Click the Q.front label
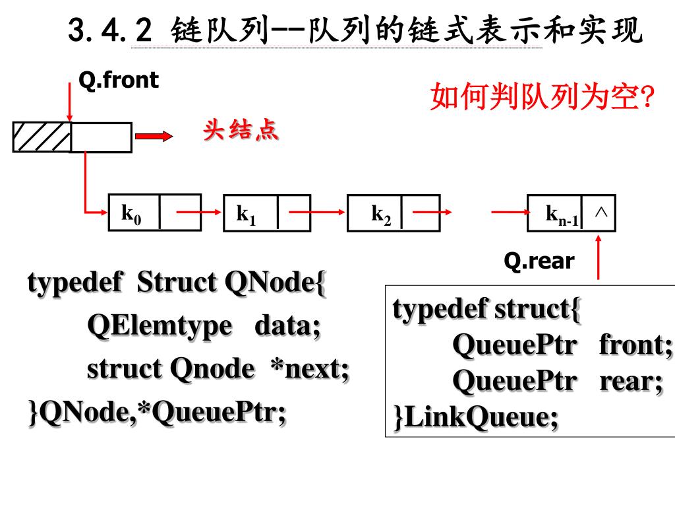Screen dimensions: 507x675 coord(119,81)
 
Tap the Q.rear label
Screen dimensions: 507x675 coord(539,262)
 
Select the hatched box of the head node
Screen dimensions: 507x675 coord(42,137)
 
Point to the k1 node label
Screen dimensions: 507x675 coord(247,214)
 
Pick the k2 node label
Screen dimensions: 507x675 coord(381,214)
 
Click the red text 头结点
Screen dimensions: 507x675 coord(241,131)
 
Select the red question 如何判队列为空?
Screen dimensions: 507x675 coord(542,98)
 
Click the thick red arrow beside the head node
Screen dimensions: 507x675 coord(153,136)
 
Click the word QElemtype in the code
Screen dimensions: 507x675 coord(160,325)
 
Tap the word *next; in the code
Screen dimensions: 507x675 coord(310,369)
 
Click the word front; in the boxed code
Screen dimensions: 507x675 coord(635,345)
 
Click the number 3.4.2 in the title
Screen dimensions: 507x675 coord(110,30)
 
